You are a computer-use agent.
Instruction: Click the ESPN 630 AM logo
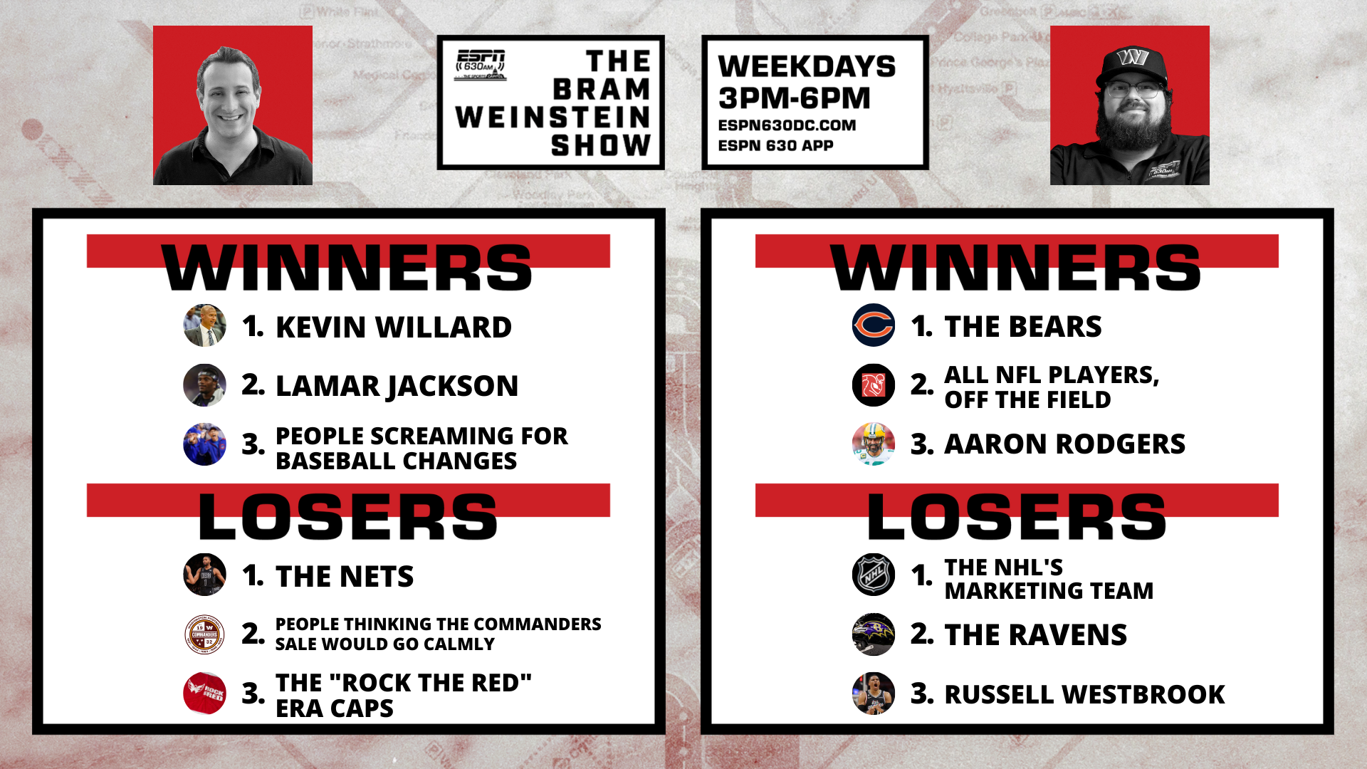click(x=481, y=65)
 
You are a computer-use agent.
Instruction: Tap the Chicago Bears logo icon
click(x=874, y=325)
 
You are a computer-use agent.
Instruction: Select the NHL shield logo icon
click(x=874, y=575)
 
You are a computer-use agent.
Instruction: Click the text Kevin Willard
click(x=393, y=327)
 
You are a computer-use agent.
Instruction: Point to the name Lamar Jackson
click(x=397, y=386)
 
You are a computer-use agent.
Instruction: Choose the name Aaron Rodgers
click(x=1064, y=444)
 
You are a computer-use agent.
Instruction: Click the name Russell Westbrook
click(x=1084, y=694)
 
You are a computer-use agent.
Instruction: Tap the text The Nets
click(x=345, y=576)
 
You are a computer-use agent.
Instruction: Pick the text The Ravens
click(x=1035, y=634)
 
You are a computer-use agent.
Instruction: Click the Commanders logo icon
click(x=204, y=634)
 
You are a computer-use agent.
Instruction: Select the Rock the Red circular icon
click(x=204, y=694)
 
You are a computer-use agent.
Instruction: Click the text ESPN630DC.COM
click(x=787, y=125)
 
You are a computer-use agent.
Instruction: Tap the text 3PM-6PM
click(x=794, y=98)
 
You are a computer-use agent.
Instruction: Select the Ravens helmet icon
click(x=874, y=634)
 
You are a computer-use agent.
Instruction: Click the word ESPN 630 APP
click(x=775, y=146)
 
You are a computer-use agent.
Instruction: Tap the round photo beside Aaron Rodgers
click(x=874, y=444)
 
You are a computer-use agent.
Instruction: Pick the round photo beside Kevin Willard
click(x=204, y=325)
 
